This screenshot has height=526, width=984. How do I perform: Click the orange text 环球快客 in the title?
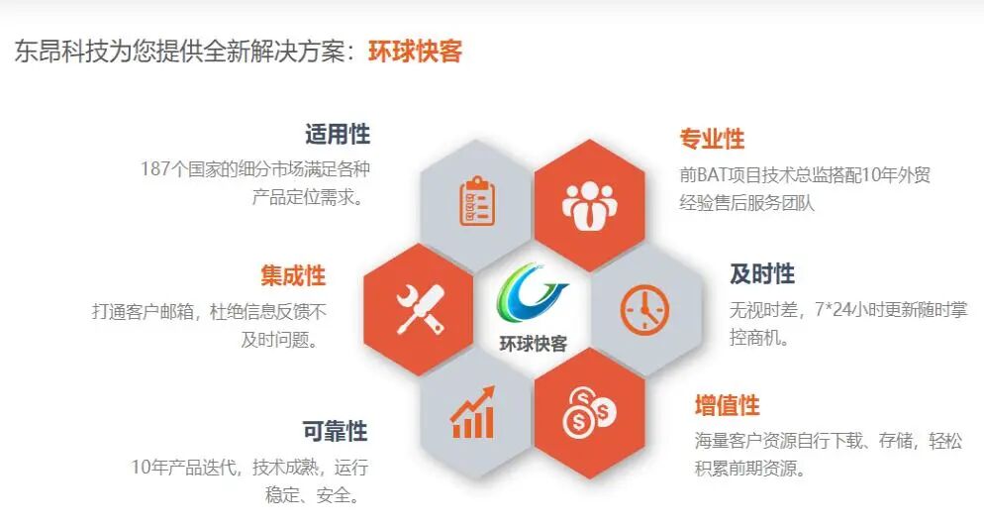[x=416, y=52]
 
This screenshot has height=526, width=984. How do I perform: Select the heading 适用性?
[x=338, y=135]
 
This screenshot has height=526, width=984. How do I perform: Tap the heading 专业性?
[x=712, y=139]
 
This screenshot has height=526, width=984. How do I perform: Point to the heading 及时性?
[x=762, y=273]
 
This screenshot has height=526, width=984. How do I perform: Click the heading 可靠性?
[x=335, y=431]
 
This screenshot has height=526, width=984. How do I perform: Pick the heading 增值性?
[x=727, y=405]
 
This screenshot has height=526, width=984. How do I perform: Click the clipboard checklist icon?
[x=477, y=202]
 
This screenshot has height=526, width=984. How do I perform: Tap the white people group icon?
[x=589, y=202]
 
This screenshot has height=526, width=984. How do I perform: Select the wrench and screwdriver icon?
[x=420, y=308]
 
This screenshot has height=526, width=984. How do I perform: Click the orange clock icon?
[x=644, y=309]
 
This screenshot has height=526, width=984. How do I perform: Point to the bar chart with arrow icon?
[x=473, y=414]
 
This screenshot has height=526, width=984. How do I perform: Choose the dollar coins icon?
[x=589, y=412]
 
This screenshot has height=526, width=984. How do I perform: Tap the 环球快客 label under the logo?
[x=534, y=344]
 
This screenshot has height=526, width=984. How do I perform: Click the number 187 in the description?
[x=156, y=168]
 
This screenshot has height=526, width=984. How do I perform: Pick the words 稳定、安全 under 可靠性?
[x=312, y=495]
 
